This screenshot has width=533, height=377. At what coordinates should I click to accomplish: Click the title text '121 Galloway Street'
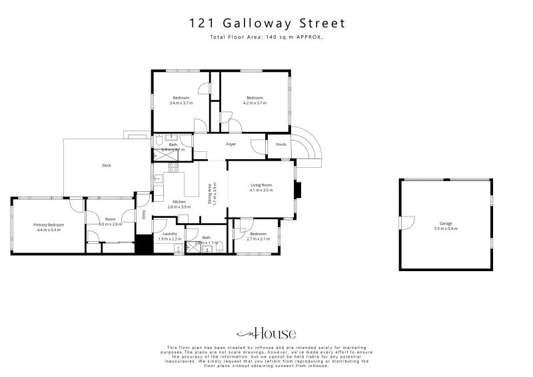(x=266, y=24)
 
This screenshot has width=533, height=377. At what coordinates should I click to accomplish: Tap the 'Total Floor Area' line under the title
(x=266, y=39)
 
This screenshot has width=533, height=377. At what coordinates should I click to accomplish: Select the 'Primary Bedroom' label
(x=48, y=225)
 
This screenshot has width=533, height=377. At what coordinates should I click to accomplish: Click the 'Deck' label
(x=106, y=166)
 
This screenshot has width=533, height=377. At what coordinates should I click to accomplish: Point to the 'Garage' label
(x=445, y=224)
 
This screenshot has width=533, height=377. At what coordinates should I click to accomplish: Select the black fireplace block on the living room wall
(x=298, y=190)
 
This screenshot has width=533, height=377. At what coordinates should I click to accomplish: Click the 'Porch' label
(x=281, y=145)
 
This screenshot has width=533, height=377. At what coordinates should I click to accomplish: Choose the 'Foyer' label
(x=231, y=144)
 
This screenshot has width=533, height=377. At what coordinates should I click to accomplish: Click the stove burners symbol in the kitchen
(x=172, y=167)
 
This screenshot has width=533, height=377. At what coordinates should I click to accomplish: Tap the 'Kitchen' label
(x=179, y=202)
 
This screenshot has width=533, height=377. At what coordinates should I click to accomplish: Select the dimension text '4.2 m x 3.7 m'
(x=255, y=103)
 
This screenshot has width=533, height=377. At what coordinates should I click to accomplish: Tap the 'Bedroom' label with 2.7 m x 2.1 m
(x=258, y=234)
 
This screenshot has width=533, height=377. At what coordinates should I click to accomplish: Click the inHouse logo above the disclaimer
(x=266, y=334)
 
